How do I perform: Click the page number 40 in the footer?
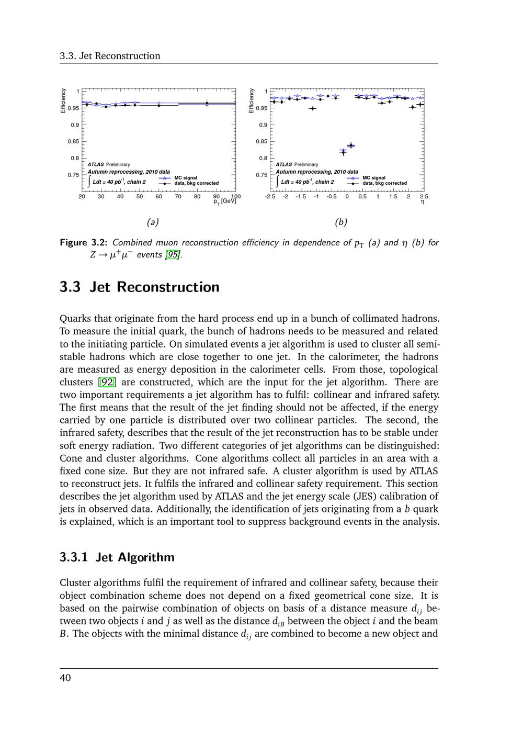[x=65, y=678]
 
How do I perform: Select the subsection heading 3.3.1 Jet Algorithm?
[x=117, y=557]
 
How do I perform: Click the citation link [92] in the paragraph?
[x=107, y=382]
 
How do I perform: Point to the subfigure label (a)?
[x=152, y=222]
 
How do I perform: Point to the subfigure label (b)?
[x=341, y=222]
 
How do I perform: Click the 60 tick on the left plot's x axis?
[x=158, y=197]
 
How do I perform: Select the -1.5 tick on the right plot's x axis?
[x=301, y=197]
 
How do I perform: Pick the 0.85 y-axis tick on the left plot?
[x=73, y=141]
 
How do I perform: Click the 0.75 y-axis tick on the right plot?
[x=261, y=175]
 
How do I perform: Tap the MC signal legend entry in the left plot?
[x=186, y=178]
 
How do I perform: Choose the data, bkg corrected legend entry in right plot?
[x=384, y=183]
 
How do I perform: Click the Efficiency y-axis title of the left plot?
[x=63, y=100]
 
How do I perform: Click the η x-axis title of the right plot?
[x=423, y=202]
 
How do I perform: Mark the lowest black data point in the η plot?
[x=343, y=152]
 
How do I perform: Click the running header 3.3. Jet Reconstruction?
[x=110, y=56]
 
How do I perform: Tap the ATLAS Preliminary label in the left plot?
[x=109, y=164]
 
